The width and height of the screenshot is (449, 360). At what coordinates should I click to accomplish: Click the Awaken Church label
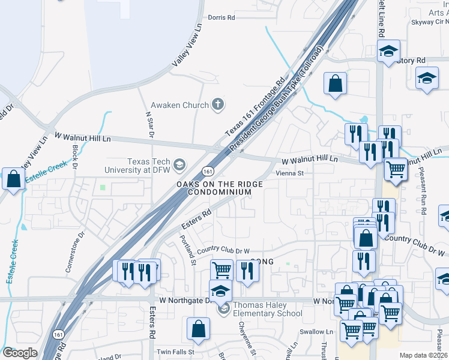point(179,105)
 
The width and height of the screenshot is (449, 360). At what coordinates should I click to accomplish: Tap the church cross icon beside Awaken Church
point(218,105)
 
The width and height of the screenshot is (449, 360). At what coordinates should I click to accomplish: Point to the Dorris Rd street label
point(221,18)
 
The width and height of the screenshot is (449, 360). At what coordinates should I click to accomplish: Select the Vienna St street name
point(291,173)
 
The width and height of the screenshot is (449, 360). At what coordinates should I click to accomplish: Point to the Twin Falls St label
point(175,352)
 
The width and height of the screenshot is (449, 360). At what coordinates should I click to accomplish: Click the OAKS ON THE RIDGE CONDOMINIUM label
point(219,188)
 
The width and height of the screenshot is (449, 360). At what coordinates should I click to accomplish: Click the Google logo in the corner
point(20,353)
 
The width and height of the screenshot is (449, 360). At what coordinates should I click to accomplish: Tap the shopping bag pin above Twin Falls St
point(198,329)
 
